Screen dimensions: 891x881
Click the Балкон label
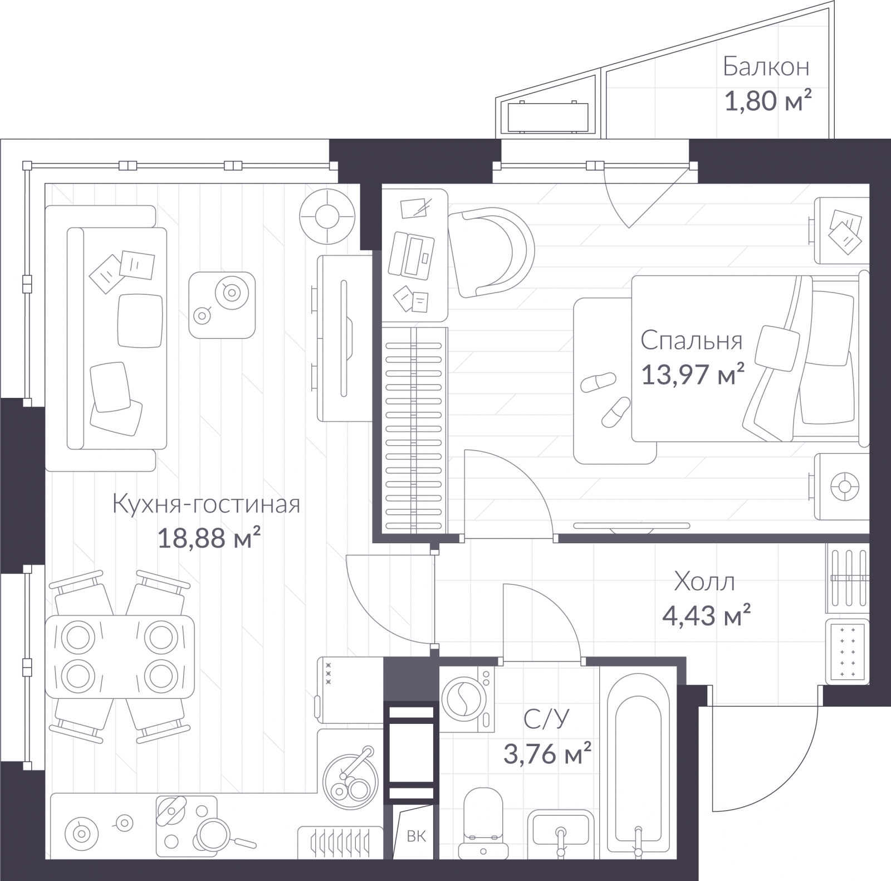[766, 67]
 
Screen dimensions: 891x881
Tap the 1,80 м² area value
[768, 101]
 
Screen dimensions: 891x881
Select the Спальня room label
[691, 340]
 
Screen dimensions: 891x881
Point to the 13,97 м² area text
[693, 374]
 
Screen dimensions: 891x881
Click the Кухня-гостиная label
[206, 504]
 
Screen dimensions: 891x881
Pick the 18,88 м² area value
[209, 538]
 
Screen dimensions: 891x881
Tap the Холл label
[704, 582]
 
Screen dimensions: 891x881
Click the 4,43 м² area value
[706, 615]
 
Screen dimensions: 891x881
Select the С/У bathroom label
[546, 719]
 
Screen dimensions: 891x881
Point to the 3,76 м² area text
[547, 753]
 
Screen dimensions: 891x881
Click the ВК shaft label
[416, 836]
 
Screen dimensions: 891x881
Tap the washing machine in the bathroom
[467, 699]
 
